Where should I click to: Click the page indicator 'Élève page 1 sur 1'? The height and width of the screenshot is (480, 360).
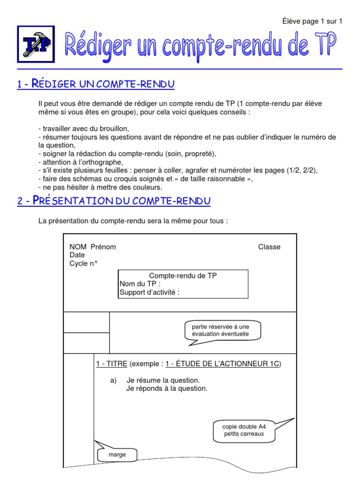click(312, 21)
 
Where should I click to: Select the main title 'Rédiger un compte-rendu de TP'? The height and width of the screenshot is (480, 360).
click(200, 45)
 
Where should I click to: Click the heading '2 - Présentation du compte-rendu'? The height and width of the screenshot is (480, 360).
click(114, 201)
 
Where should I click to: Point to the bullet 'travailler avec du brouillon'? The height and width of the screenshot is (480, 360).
click(83, 128)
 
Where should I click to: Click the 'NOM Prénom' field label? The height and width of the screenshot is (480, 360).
click(93, 247)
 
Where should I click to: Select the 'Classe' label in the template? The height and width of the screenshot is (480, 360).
click(269, 247)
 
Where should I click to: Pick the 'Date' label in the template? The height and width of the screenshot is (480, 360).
click(77, 255)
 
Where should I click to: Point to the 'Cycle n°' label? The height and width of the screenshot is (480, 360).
click(83, 263)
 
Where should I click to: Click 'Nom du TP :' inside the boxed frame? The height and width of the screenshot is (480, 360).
click(140, 284)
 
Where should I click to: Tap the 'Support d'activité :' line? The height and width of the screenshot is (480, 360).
click(150, 292)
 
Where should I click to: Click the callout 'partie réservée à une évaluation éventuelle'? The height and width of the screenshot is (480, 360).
click(220, 330)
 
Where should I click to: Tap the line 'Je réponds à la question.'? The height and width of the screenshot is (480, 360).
click(166, 388)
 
